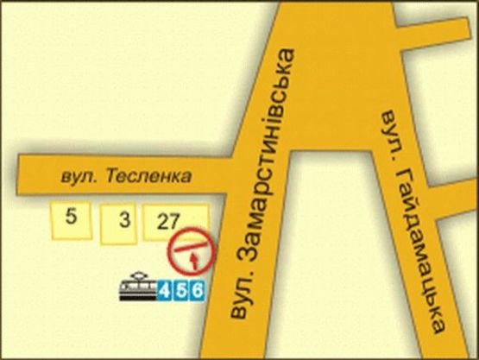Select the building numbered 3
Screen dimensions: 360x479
point(123,224)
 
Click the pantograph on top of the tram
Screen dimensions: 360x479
point(136,275)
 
